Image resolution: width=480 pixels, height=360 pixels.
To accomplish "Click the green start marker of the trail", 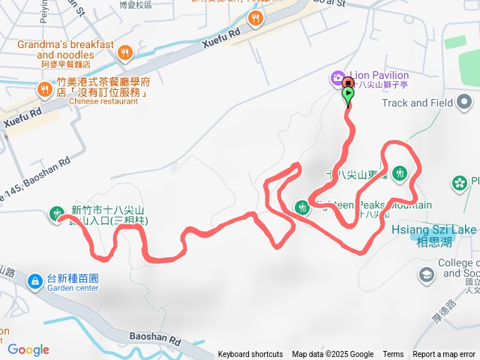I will click(349, 94).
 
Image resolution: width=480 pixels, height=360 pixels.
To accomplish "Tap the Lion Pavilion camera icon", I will click(337, 77).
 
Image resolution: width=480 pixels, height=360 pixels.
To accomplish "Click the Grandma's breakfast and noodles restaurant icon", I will click(124, 52).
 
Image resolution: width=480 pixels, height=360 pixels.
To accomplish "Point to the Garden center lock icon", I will click(34, 281).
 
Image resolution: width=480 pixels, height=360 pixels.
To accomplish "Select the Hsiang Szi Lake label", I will click(434, 229).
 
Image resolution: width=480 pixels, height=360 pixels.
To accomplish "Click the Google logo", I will click(28, 349).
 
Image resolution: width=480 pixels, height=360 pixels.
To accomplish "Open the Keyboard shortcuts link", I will click(250, 355).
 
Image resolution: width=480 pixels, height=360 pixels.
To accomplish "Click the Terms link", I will click(393, 355).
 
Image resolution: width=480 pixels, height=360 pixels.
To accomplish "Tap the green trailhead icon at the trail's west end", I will click(56, 214).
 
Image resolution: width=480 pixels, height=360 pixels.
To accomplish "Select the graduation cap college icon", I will click(427, 276).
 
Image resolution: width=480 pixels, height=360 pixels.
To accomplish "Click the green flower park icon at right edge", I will click(459, 182).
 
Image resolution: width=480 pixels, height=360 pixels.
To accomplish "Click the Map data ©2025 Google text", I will click(332, 355).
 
